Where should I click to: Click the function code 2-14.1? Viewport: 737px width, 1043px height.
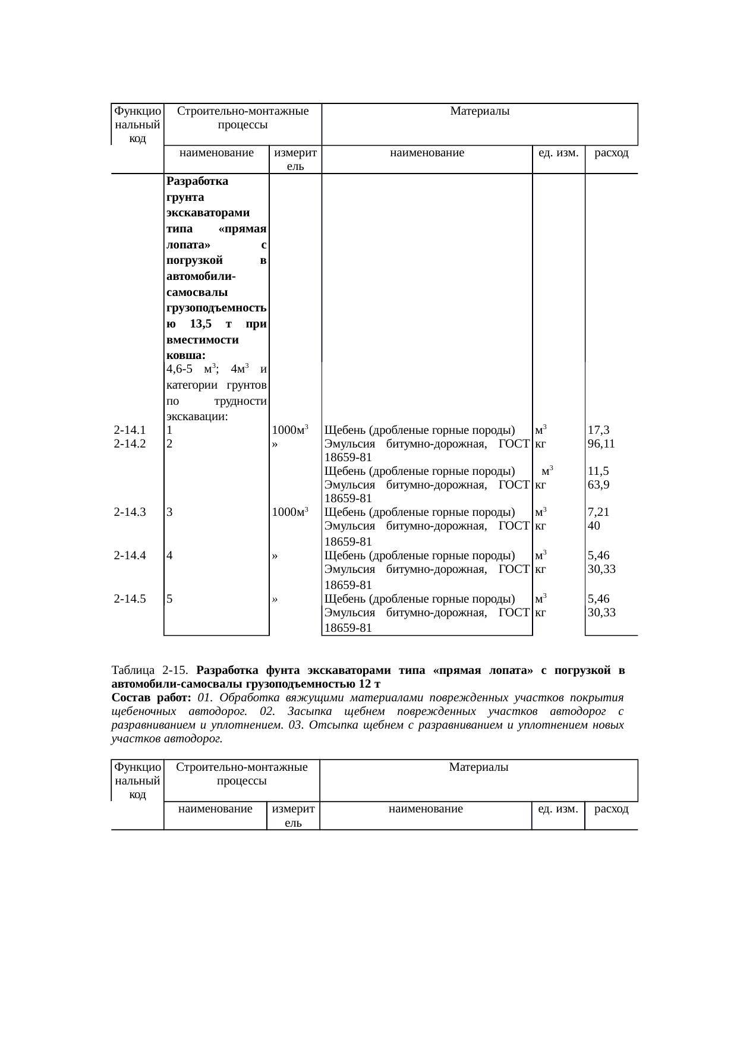point(130,430)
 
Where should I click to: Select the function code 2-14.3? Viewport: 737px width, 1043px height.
point(130,512)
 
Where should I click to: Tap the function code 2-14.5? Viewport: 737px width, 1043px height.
point(130,599)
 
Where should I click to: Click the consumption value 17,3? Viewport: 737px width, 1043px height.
point(598,430)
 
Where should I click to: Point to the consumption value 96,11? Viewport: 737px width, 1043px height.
point(601,443)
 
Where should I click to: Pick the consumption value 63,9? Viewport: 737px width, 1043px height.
point(598,484)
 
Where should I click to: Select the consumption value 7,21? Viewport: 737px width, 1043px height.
point(598,512)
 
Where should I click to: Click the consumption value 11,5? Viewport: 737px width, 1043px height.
point(598,471)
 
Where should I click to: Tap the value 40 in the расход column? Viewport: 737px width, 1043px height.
point(593,525)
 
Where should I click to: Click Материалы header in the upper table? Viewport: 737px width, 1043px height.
point(480,111)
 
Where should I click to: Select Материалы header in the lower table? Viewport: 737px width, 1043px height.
point(478,767)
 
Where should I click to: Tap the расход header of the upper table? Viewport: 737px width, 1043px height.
point(612,153)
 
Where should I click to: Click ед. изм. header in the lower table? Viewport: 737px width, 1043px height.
point(558,809)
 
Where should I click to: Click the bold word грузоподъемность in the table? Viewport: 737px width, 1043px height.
point(216,308)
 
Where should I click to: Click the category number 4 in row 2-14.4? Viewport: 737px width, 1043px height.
point(170,556)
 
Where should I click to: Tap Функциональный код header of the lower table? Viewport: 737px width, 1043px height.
point(137,780)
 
